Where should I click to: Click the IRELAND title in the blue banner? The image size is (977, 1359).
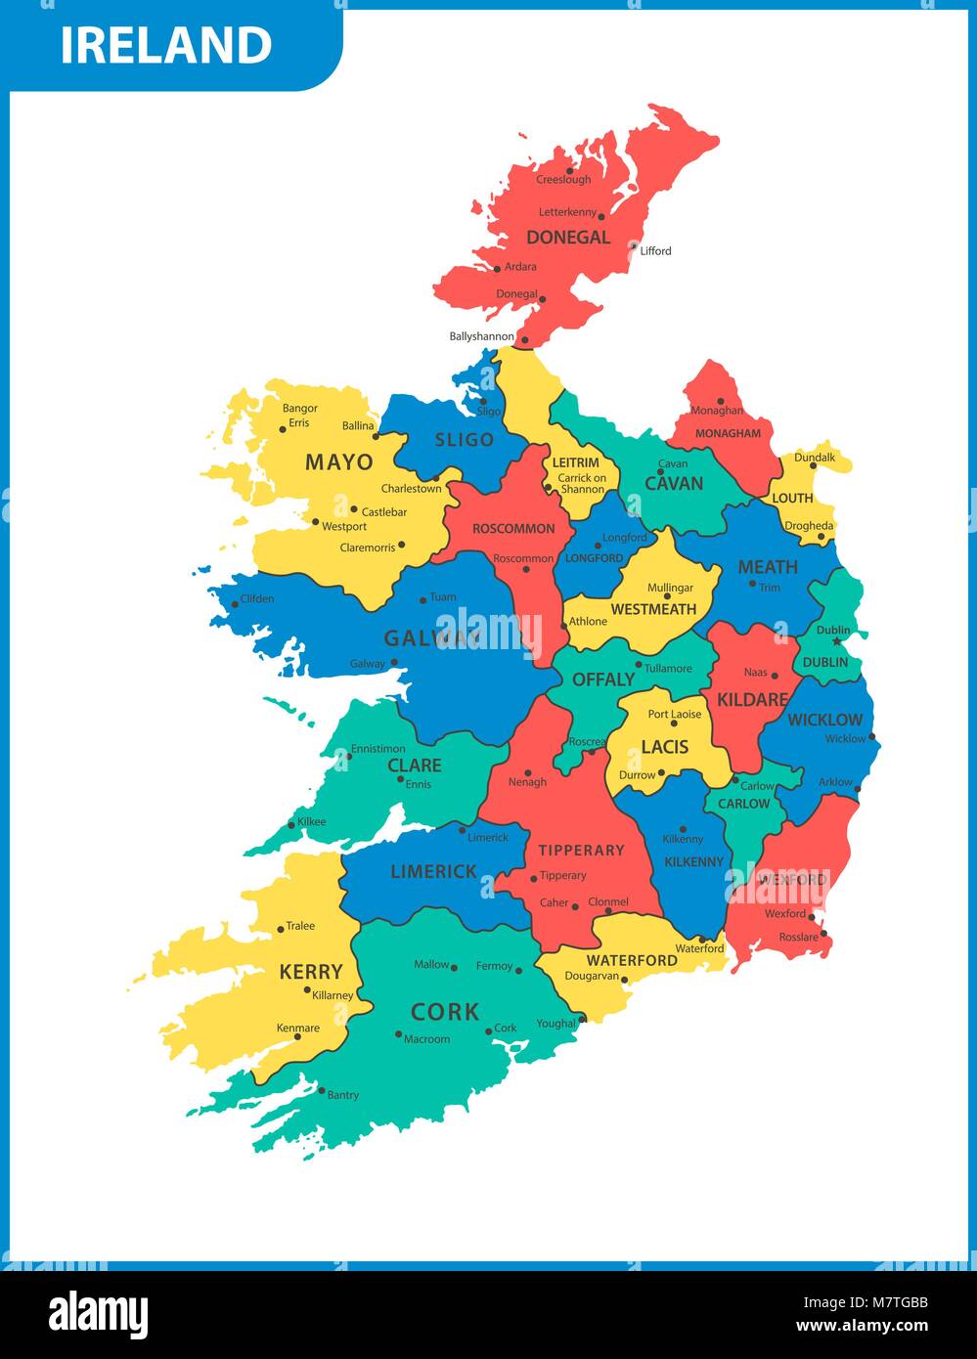(x=166, y=45)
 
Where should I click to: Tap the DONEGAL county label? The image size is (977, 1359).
(x=568, y=238)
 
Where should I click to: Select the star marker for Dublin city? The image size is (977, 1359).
(x=836, y=641)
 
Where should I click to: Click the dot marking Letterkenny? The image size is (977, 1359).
(x=601, y=216)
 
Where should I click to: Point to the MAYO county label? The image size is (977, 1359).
(x=338, y=461)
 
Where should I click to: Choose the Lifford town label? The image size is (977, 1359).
(x=655, y=251)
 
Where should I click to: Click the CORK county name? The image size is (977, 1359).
(x=445, y=1012)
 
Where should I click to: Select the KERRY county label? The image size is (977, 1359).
(x=311, y=972)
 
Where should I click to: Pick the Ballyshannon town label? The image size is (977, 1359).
(x=481, y=336)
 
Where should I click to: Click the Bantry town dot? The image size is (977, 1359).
(x=321, y=1090)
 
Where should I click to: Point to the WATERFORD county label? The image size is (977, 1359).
(x=632, y=960)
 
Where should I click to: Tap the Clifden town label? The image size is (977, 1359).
(x=257, y=598)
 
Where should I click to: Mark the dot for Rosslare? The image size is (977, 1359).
(x=824, y=934)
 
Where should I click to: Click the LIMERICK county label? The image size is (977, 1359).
(x=433, y=871)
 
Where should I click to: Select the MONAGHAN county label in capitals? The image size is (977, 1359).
(x=728, y=433)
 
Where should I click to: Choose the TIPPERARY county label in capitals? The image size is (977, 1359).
(x=581, y=851)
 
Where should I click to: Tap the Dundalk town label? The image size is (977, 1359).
(x=815, y=458)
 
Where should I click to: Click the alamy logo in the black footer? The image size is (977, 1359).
(x=98, y=1315)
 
